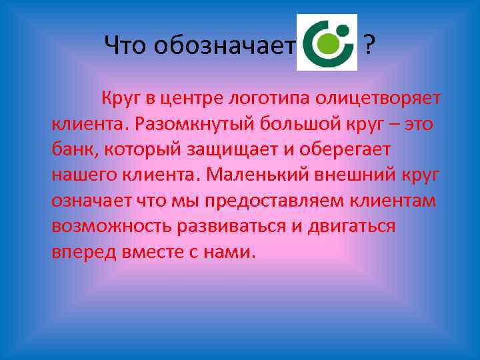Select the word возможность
(109, 226)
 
